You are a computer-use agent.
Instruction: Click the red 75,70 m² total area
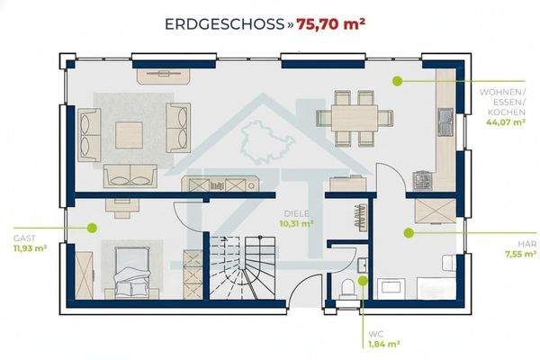click(x=330, y=24)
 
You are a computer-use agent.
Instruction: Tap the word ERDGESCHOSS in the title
click(x=224, y=24)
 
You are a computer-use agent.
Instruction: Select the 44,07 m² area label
click(x=506, y=121)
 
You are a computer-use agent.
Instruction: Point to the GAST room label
click(x=24, y=238)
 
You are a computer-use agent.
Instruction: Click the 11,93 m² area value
click(x=31, y=248)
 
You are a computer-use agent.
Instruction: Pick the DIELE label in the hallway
click(x=296, y=213)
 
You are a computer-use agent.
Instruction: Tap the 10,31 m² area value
click(x=296, y=223)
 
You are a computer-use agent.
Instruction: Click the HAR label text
click(x=527, y=244)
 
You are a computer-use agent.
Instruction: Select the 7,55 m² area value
click(x=521, y=254)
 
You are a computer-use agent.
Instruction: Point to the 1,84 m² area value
click(x=384, y=344)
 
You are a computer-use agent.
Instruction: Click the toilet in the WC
click(x=347, y=289)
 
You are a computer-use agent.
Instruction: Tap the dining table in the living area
click(x=355, y=118)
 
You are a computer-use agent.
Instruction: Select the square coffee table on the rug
click(x=129, y=135)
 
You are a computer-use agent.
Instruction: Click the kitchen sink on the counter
click(x=445, y=122)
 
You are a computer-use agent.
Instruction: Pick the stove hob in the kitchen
click(x=423, y=181)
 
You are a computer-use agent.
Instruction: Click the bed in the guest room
click(x=132, y=272)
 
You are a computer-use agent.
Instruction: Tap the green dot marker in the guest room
click(x=92, y=228)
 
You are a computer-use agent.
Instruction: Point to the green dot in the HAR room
click(x=409, y=233)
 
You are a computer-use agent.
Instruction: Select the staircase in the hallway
click(x=242, y=267)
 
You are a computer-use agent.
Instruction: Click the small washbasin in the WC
click(x=363, y=265)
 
